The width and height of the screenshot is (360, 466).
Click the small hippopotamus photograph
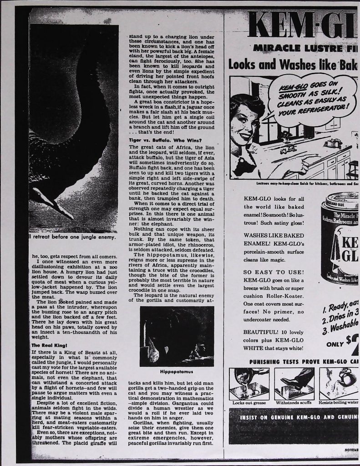[177, 336]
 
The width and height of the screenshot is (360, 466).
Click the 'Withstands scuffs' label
[294, 403]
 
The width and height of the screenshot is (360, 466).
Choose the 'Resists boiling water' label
[339, 403]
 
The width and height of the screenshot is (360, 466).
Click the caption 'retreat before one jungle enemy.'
[73, 237]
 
